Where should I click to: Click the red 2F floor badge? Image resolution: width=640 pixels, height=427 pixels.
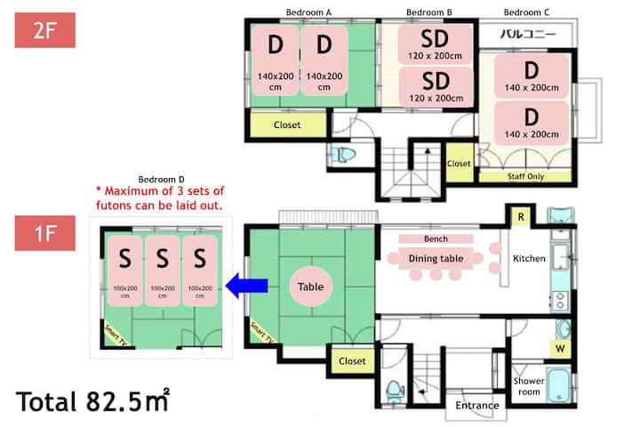[45, 30]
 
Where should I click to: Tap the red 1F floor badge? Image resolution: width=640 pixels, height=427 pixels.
[45, 233]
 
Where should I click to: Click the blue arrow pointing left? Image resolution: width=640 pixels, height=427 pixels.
[246, 286]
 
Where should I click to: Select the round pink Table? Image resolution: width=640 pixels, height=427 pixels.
[310, 286]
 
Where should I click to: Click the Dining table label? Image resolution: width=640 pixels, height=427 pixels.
[436, 258]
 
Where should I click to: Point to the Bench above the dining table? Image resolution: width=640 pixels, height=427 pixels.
[436, 238]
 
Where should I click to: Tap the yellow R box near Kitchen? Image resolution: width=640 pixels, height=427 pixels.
[521, 217]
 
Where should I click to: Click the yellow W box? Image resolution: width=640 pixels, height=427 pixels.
[560, 349]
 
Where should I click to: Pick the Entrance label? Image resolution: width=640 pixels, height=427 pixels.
[477, 406]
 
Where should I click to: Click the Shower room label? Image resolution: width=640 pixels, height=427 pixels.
[529, 386]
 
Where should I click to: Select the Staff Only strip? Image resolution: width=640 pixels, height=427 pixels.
[525, 176]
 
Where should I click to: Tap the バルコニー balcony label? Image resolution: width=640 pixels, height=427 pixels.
[527, 34]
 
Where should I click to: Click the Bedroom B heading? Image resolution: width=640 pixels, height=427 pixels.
[429, 12]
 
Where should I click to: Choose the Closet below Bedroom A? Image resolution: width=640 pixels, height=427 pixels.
[288, 125]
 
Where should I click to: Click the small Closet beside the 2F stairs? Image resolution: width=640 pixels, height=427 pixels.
[460, 163]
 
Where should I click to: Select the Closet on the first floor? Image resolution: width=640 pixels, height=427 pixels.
[352, 361]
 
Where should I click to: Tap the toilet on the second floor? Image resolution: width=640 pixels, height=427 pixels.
[343, 155]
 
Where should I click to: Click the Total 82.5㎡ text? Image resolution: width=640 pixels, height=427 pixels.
[92, 401]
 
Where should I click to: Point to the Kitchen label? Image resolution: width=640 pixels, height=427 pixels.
[529, 258]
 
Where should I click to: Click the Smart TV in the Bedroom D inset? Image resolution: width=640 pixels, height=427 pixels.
[116, 335]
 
